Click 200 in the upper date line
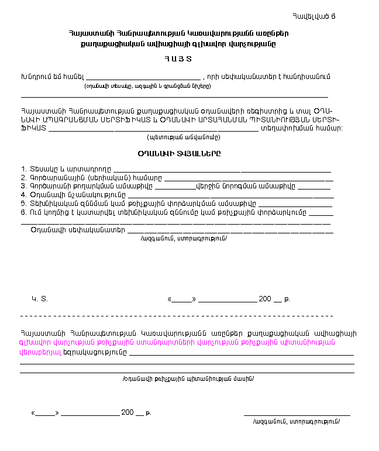pyautogui.click(x=265, y=299)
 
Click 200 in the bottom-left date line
pyautogui.click(x=128, y=412)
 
